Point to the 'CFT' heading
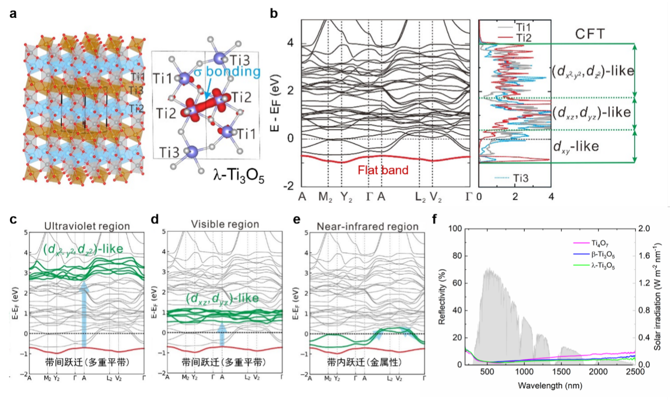pyautogui.click(x=591, y=35)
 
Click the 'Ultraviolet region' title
pyautogui.click(x=87, y=226)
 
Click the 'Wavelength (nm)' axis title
pyautogui.click(x=542, y=384)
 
